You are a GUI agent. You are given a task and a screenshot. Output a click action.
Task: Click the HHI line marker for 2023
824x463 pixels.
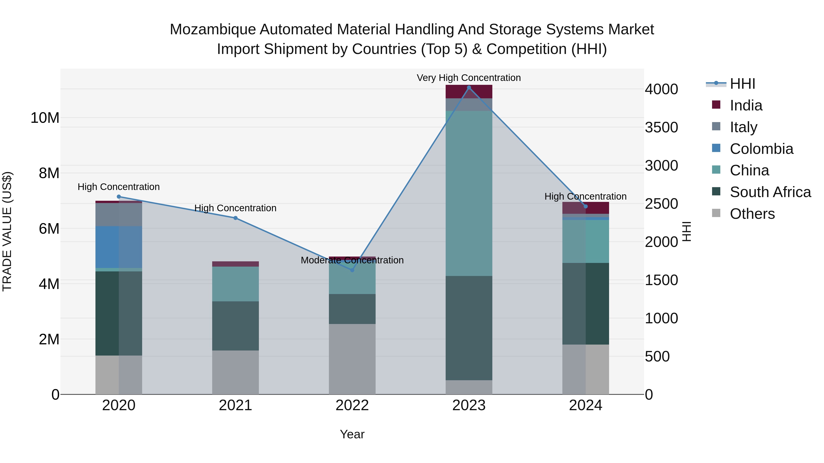coord(469,88)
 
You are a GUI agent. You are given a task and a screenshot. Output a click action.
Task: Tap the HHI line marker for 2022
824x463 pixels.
coord(352,270)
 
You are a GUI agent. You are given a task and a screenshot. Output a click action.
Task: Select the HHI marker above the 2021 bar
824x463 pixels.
coord(236,218)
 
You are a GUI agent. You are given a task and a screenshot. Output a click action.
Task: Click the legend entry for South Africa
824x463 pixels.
coord(770,192)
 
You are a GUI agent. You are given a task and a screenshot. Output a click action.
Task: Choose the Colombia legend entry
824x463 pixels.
coord(761,149)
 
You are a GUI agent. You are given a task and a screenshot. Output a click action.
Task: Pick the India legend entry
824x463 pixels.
coord(746,105)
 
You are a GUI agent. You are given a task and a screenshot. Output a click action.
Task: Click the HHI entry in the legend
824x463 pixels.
coord(742,84)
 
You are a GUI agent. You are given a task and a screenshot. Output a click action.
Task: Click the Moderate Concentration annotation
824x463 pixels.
coord(352,260)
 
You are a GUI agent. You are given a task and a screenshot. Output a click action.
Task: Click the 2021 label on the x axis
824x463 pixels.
coord(236,405)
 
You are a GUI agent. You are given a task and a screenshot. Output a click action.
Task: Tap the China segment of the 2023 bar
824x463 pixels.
coord(469,193)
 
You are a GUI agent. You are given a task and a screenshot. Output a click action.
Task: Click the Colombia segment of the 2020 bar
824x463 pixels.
coord(119,247)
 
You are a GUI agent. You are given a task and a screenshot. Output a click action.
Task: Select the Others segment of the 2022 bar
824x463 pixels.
coord(352,359)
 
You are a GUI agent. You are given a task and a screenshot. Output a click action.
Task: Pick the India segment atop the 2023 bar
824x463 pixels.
coord(469,92)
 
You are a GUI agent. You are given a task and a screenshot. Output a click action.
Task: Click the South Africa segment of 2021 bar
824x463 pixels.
coord(236,326)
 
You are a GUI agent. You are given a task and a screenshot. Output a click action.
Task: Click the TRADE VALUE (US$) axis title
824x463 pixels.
coord(7,231)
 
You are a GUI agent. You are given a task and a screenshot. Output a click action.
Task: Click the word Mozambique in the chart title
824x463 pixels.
coord(212,29)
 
